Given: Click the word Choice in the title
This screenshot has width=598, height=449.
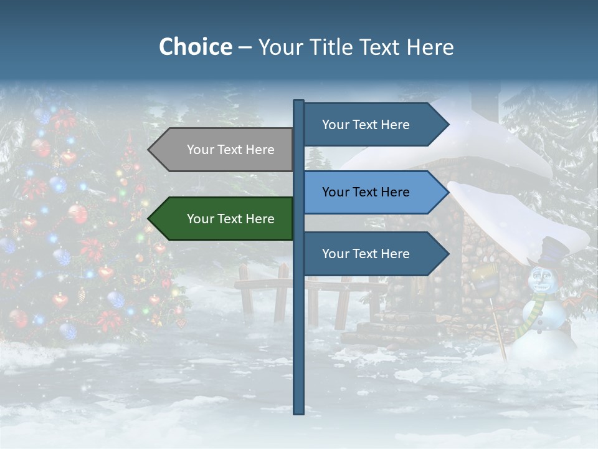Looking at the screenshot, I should pos(195,47).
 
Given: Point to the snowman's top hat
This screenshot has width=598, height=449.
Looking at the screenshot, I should pos(554,251).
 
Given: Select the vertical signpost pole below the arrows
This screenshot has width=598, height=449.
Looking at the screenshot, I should pos(298,349).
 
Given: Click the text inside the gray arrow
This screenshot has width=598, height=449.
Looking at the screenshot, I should pos(230,150).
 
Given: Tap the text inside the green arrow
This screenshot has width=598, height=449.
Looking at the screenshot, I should pos(230,219).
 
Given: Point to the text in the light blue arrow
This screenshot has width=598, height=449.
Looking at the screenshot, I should pos(366,192).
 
